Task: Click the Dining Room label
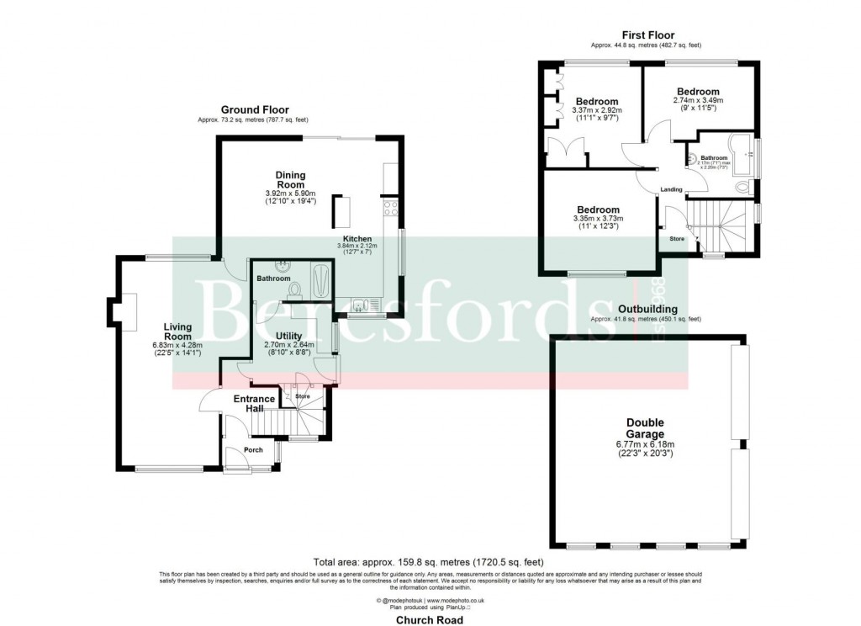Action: tap(291, 179)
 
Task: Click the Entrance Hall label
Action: tap(254, 404)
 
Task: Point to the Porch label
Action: tap(252, 450)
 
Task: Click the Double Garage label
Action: tap(645, 428)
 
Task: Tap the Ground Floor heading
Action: tap(254, 110)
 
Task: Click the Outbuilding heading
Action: tap(646, 310)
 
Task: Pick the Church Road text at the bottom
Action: tap(430, 618)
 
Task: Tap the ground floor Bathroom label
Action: tap(273, 279)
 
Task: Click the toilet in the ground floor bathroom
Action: tap(294, 290)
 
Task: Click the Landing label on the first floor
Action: tap(671, 189)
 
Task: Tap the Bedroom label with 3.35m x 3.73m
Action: tap(598, 210)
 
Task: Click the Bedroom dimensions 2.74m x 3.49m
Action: tap(698, 101)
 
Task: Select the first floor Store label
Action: tap(677, 239)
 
